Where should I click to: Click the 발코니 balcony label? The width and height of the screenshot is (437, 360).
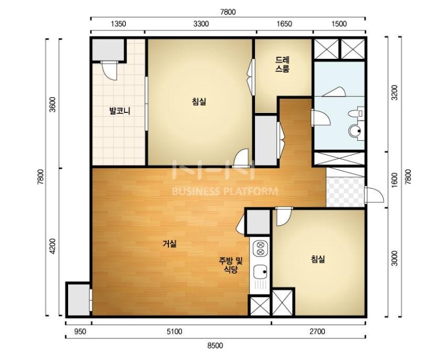coord(119,111)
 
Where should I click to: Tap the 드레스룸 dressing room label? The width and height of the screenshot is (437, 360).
coord(283,64)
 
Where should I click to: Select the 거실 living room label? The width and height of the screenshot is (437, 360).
coord(169,244)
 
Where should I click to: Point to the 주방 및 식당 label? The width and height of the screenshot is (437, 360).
coord(231,265)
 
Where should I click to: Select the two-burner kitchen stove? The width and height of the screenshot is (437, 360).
coord(260,249)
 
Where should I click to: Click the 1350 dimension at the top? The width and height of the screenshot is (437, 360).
coord(118,23)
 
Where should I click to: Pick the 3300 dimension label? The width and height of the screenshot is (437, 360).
coord(201,23)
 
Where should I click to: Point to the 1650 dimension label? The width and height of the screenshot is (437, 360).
coord(284,23)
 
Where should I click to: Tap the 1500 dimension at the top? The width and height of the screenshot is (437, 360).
coord(339,23)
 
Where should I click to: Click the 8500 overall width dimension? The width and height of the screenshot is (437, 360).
coord(215,346)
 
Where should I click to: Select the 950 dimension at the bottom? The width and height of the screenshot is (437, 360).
coord(80,332)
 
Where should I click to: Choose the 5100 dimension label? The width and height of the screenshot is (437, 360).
coord(174,332)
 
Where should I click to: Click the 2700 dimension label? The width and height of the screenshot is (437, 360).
coord(317,332)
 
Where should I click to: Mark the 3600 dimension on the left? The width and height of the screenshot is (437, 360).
coord(52,104)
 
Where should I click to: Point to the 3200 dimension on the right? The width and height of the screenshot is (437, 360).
coord(394,92)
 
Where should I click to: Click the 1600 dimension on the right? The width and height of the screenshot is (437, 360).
coord(394,180)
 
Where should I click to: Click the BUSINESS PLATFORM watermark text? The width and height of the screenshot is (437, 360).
coord(225,191)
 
